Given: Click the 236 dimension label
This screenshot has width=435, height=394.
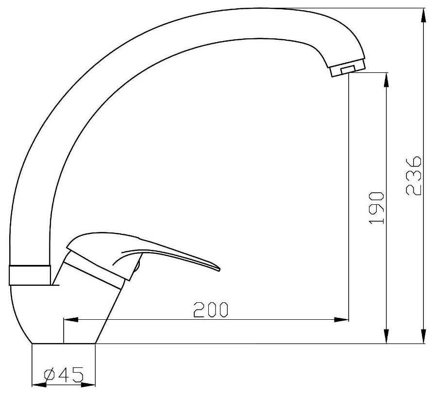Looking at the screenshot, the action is (x=414, y=176).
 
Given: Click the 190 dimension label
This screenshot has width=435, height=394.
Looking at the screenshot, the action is (x=376, y=208).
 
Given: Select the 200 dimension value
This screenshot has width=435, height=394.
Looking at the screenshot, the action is (x=211, y=310).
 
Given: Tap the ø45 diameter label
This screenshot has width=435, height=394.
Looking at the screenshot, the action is (x=64, y=375).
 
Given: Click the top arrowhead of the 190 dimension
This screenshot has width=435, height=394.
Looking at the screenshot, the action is (x=386, y=80).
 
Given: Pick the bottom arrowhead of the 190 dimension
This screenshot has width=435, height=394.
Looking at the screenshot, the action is (x=386, y=336).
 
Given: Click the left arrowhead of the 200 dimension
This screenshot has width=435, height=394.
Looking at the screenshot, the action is (x=71, y=320).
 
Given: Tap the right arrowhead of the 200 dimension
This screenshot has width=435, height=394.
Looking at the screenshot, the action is (x=341, y=320).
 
